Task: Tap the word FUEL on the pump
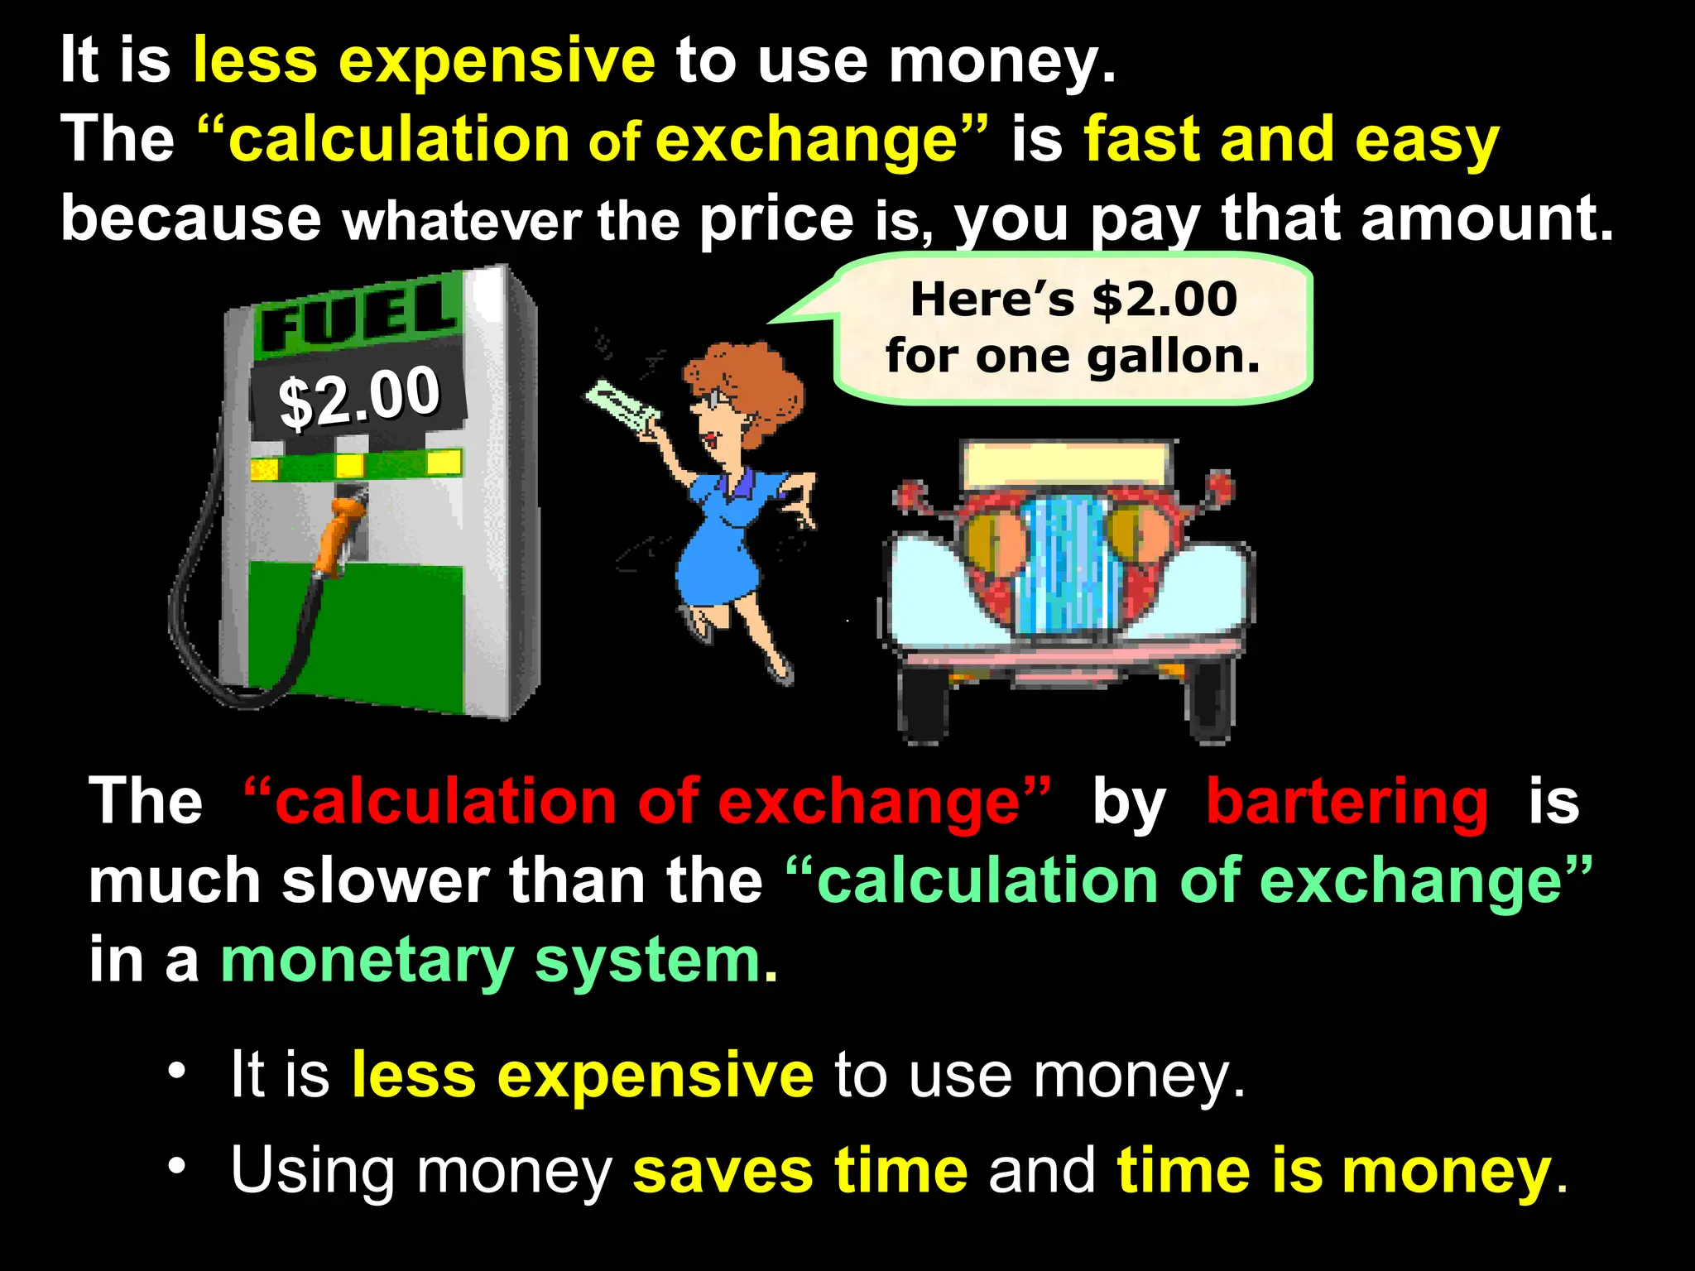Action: [x=358, y=317]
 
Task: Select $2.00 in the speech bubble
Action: [x=1164, y=299]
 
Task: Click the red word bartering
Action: [x=1347, y=801]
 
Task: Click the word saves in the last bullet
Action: [x=723, y=1171]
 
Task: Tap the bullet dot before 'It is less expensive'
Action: [x=176, y=1072]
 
